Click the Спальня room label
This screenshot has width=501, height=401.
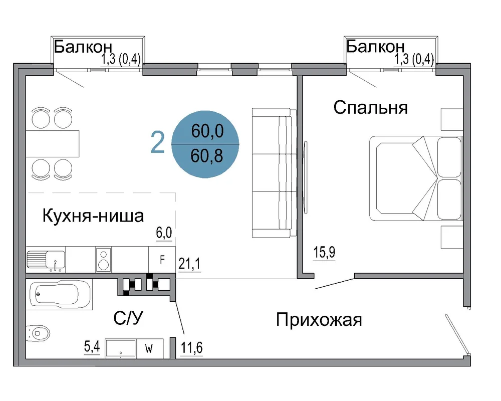370,108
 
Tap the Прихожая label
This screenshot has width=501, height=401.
319,320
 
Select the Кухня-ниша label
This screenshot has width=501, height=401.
93,216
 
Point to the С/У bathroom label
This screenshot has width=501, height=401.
128,318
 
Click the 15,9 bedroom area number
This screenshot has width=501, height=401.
324,252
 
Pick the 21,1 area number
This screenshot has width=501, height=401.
189,264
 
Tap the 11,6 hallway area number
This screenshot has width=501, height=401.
192,347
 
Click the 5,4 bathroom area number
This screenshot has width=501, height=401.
92,347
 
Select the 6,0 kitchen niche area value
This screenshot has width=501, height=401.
164,233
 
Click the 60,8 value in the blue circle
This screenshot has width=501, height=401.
207,156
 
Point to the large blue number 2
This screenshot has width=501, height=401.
157,142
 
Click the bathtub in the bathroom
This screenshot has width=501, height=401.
59,294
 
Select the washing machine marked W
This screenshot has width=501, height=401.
150,348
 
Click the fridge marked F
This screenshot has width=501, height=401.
162,260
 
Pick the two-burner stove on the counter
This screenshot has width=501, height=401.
104,260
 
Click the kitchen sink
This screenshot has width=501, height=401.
46,260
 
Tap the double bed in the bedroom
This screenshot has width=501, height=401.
416,178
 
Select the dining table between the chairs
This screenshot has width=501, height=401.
53,143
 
